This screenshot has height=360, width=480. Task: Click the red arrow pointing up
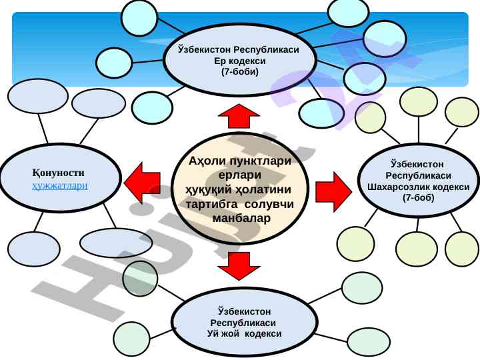pyautogui.click(x=239, y=116)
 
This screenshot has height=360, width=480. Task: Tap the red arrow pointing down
pyautogui.click(x=239, y=265)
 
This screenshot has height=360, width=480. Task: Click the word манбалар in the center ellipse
pyautogui.click(x=240, y=218)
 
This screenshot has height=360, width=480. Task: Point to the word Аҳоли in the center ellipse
pyautogui.click(x=205, y=161)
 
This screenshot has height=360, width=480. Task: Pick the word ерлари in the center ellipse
pyautogui.click(x=240, y=175)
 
